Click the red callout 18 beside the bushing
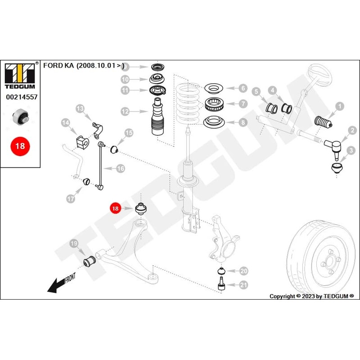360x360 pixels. (x=116, y=208)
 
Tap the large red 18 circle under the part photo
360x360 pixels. (x=20, y=146)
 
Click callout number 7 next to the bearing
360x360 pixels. (x=243, y=104)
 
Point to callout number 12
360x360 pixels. (x=125, y=111)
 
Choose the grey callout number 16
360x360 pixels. (x=120, y=169)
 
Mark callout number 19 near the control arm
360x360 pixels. (x=74, y=244)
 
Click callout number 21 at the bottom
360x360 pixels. (x=243, y=284)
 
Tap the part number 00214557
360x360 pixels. (x=21, y=97)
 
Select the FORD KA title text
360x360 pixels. (x=84, y=65)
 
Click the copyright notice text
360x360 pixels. (x=311, y=296)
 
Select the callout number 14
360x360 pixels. (x=66, y=122)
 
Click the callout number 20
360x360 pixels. (x=243, y=271)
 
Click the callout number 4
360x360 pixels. (x=272, y=91)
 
